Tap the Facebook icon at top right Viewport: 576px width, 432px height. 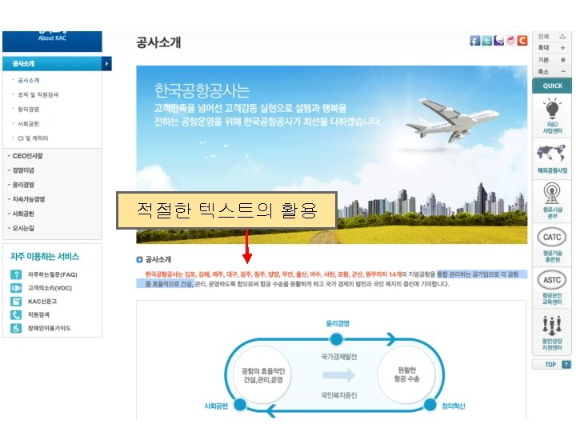tap(474, 41)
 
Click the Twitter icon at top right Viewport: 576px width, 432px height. tap(486, 41)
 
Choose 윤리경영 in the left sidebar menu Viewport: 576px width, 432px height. tap(23, 184)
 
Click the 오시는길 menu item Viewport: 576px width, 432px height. tap(23, 228)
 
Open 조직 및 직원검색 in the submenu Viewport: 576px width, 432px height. tap(38, 94)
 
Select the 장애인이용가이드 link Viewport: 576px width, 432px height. tap(50, 328)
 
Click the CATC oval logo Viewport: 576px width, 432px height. tap(552, 238)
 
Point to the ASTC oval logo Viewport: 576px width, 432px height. tap(552, 281)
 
